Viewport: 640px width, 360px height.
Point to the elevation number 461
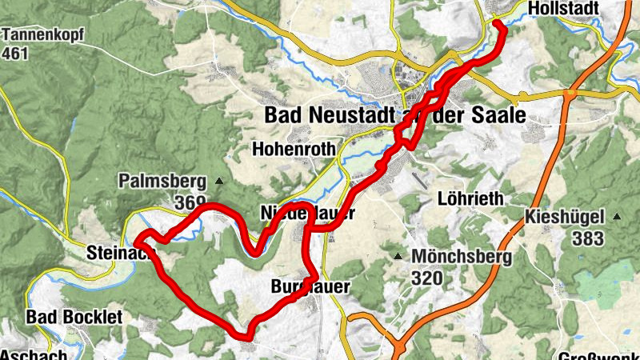15,54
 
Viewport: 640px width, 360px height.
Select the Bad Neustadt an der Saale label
395,116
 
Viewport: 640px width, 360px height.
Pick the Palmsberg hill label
161,180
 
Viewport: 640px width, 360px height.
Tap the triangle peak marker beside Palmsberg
218,181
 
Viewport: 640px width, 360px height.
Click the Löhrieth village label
470,198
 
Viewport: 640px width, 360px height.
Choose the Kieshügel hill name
567,217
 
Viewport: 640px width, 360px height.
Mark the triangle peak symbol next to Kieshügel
617,217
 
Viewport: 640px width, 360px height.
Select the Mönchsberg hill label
460,257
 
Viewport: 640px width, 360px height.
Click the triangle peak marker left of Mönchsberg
398,257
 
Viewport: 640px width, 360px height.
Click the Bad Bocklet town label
74,318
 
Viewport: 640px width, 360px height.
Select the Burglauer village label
312,286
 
